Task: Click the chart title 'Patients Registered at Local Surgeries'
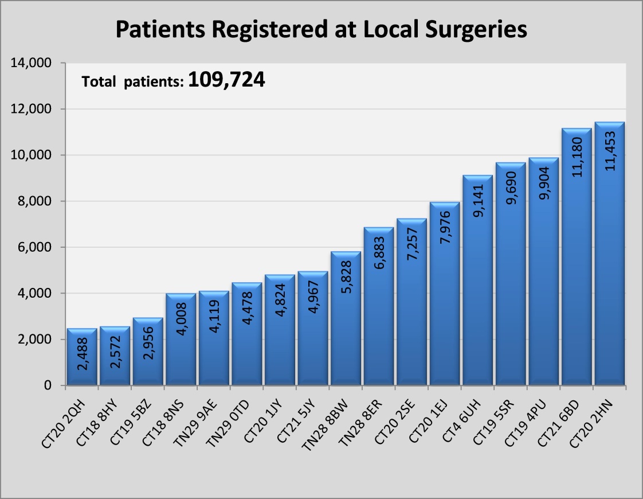321,29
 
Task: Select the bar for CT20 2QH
81,344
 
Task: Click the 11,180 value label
577,157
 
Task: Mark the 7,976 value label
445,228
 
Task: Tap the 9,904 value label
544,182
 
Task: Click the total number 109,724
226,80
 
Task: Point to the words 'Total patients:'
132,82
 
